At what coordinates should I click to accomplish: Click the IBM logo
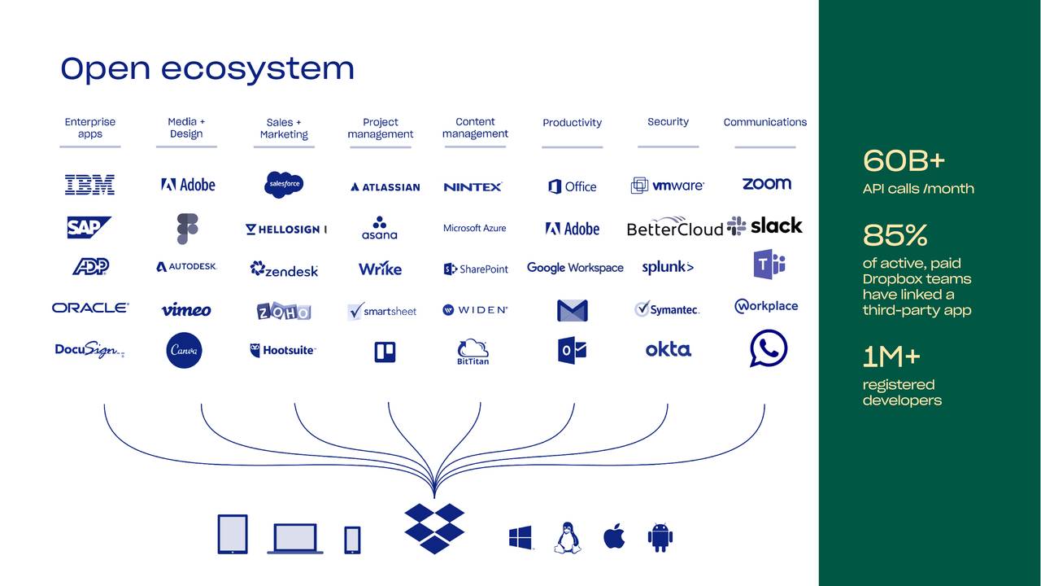pos(89,185)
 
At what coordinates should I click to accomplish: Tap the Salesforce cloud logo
pos(284,185)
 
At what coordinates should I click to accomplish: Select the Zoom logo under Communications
pos(766,184)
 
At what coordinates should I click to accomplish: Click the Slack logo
pos(765,225)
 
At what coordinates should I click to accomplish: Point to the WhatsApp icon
pos(768,348)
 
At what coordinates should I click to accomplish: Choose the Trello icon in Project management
pos(384,352)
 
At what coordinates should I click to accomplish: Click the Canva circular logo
pos(184,351)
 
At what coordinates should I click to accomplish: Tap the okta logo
pos(668,349)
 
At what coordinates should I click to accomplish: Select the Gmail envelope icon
pos(572,310)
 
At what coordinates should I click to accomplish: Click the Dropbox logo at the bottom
pos(434,527)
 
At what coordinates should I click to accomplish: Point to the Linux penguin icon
pos(567,538)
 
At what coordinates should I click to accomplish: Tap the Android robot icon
pos(660,537)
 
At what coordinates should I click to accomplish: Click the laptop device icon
pos(294,539)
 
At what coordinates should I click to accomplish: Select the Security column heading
pos(668,122)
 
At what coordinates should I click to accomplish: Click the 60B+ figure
pos(904,161)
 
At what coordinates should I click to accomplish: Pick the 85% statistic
pos(895,236)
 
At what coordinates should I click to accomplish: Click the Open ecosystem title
pos(207,68)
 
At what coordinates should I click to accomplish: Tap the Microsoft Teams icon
pos(768,265)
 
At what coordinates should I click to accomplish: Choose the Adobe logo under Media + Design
pos(188,185)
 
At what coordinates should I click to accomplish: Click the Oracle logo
pos(90,308)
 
